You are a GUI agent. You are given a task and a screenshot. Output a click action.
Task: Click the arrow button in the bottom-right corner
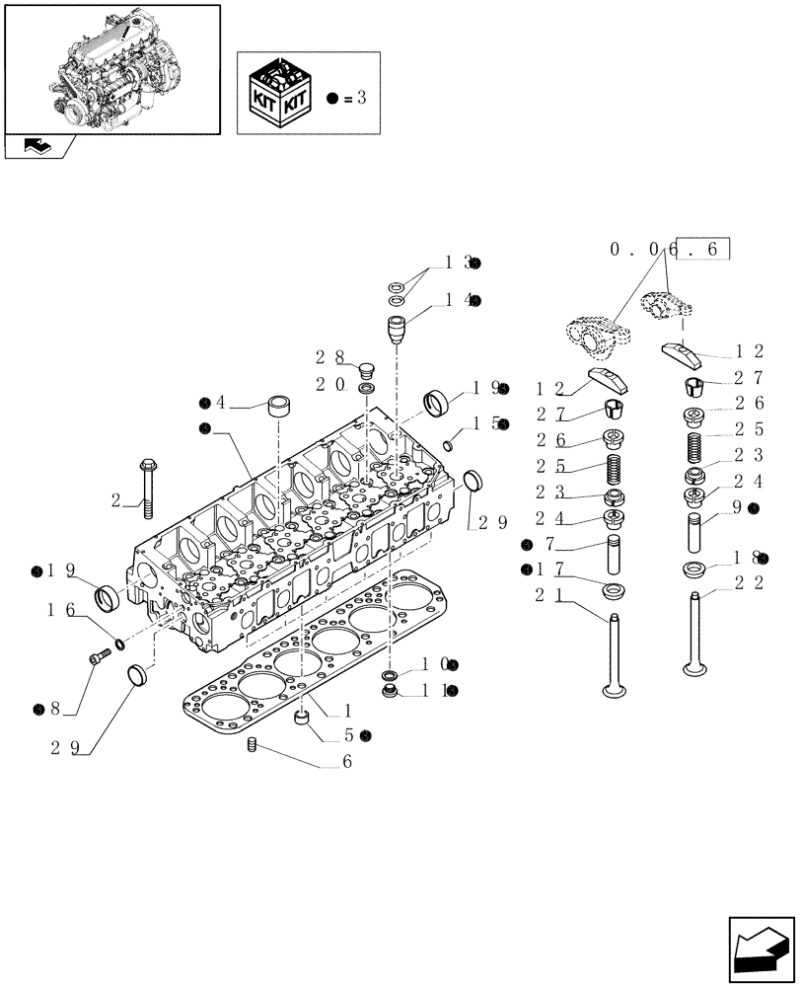[762, 949]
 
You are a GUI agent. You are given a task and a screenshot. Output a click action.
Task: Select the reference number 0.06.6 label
[671, 251]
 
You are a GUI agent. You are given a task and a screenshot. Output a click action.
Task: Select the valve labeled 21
[614, 656]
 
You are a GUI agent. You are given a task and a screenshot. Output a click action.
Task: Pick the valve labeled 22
[695, 637]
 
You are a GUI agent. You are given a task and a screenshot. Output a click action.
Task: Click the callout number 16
[61, 612]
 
